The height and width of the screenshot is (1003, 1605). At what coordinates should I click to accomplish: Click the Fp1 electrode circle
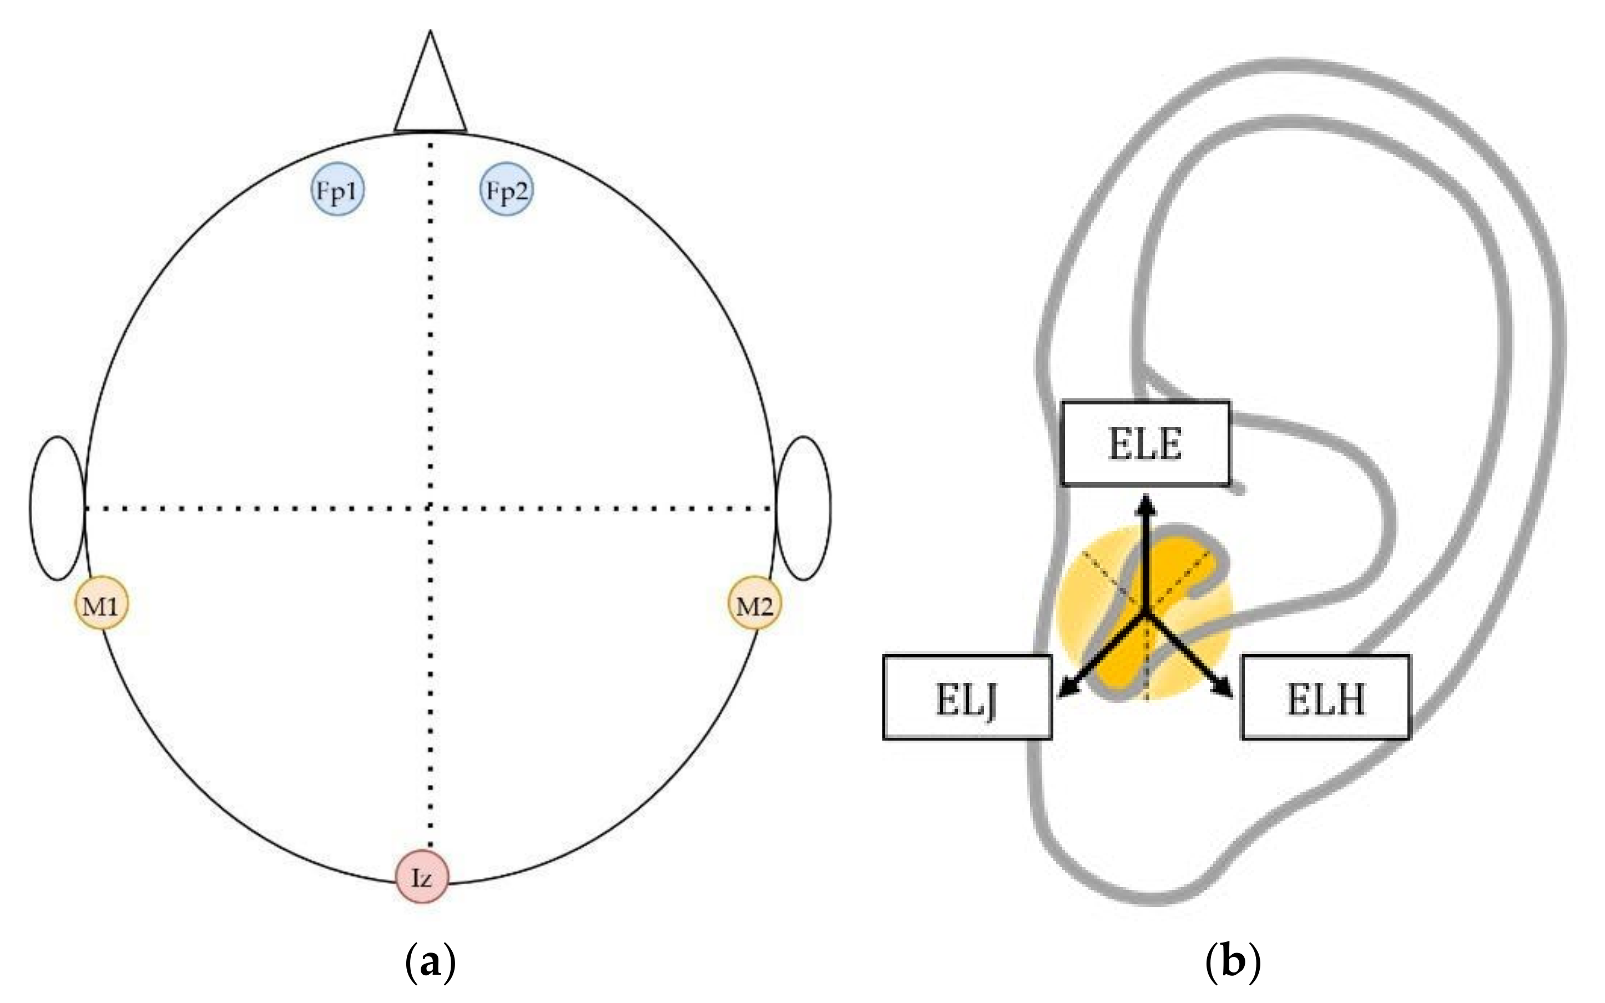338,190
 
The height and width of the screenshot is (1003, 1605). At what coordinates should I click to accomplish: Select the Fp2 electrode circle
506,190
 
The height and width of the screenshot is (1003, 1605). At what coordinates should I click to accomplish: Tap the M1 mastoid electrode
101,604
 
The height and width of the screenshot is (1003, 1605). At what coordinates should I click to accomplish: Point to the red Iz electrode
422,877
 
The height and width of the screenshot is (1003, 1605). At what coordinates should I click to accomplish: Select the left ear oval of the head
58,508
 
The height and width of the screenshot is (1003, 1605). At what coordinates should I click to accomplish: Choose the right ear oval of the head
804,508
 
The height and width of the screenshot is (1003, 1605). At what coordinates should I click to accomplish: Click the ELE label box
1145,444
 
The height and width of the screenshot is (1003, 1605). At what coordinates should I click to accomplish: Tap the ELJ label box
967,698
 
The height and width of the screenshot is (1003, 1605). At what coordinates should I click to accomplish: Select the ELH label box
1325,698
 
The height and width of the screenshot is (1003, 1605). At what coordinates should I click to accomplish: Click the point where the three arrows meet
1145,614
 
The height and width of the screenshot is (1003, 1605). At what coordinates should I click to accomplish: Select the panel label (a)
430,960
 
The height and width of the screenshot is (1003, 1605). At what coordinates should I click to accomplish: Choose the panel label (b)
1232,960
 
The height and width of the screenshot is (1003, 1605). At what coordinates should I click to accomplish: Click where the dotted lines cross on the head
431,509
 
